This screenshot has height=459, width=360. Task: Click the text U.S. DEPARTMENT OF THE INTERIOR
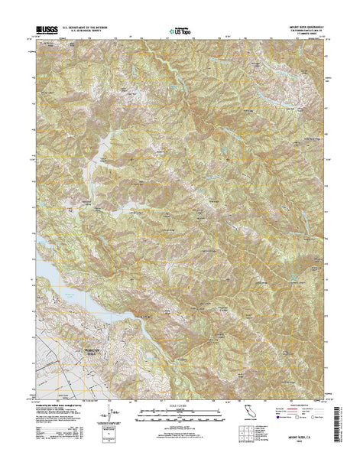94,27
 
